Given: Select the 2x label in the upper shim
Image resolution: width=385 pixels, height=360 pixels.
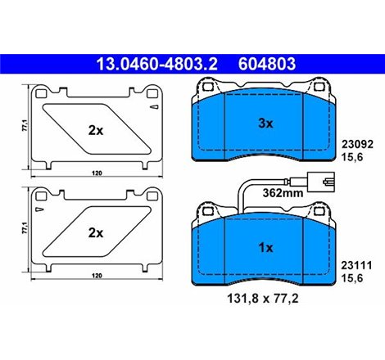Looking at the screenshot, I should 95,129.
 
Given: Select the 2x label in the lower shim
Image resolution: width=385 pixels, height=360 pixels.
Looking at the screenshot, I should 95,232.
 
